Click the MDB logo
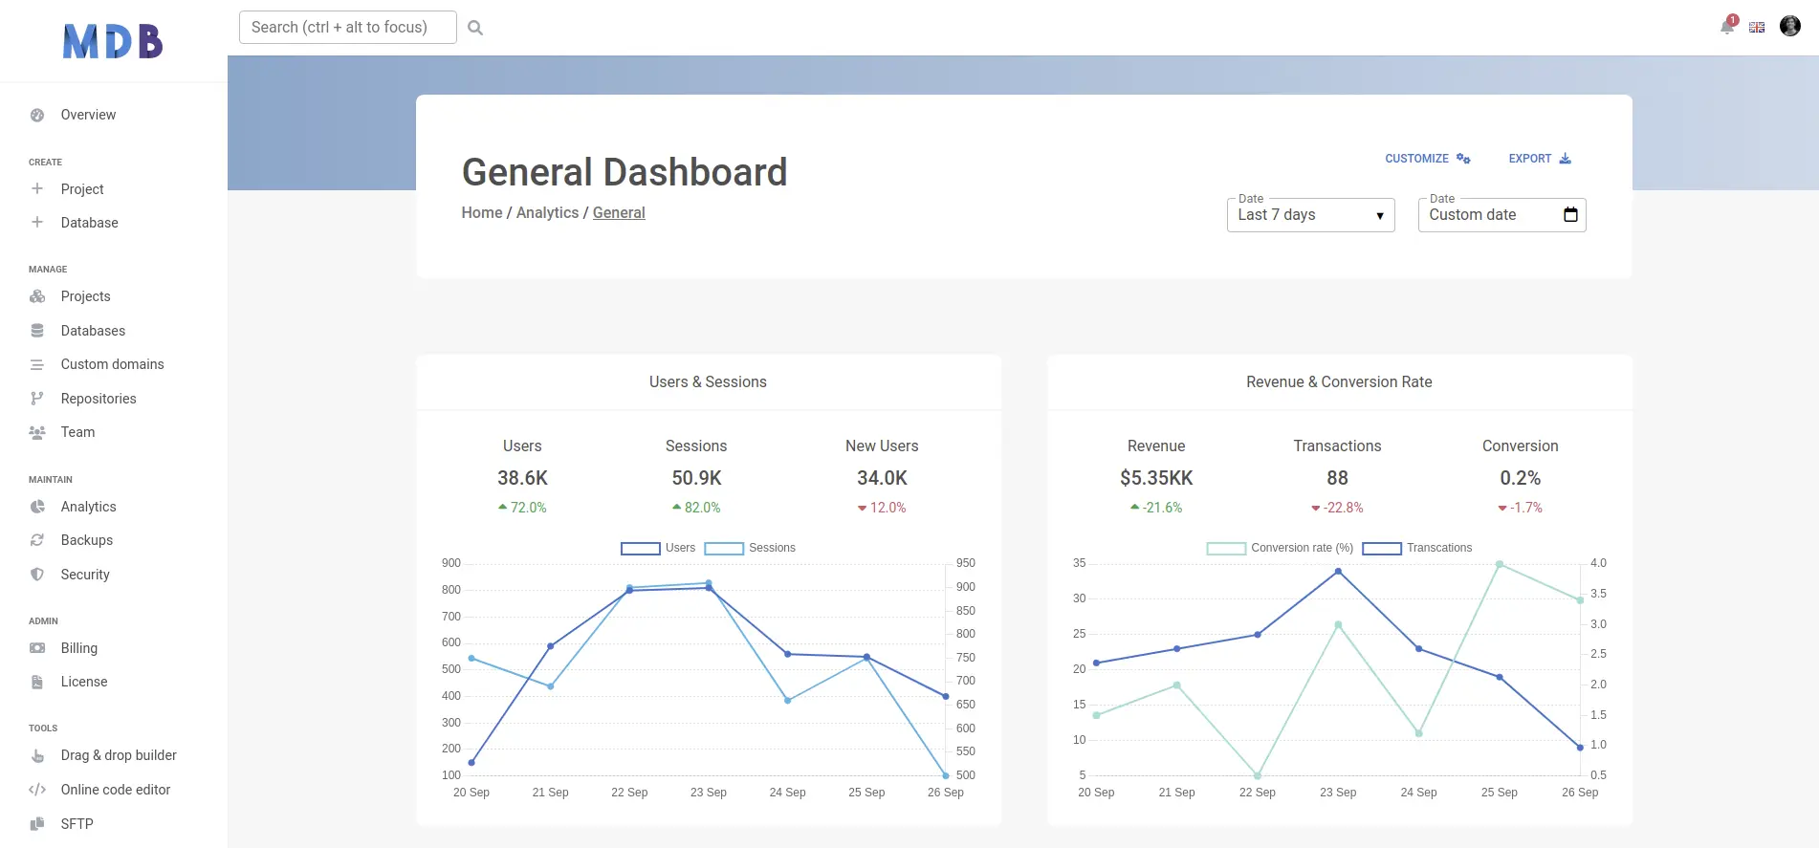[x=113, y=41]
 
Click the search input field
[x=347, y=27]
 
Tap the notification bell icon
[x=1727, y=26]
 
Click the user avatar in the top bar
[x=1789, y=26]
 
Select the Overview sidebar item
[x=88, y=115]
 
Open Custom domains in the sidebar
[x=112, y=364]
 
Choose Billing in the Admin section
[x=78, y=648]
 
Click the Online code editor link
[x=115, y=790]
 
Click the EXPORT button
[x=1539, y=159]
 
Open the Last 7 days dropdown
[x=1309, y=215]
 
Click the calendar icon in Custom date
[x=1569, y=214]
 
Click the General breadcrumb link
[x=618, y=212]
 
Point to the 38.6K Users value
[x=522, y=478]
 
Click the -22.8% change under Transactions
[x=1337, y=508]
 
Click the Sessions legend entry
[x=751, y=548]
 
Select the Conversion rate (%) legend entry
[x=1280, y=548]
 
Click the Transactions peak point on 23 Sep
[x=1338, y=572]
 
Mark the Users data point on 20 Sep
[x=471, y=763]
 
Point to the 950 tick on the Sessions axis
[x=965, y=563]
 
